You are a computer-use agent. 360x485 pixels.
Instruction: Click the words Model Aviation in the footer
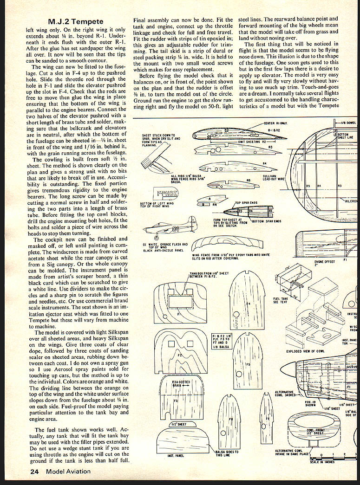pos(68,472)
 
